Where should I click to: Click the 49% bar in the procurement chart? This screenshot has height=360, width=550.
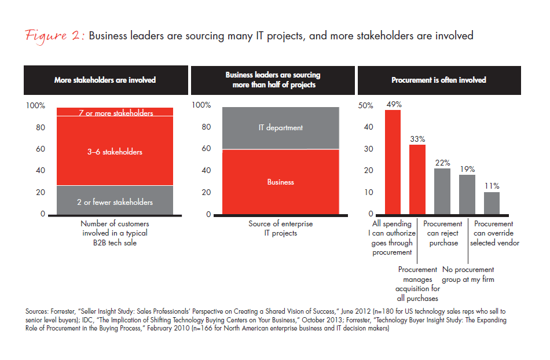tap(393, 162)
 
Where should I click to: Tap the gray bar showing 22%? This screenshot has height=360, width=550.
tap(442, 192)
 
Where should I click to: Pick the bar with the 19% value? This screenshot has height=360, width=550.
tap(467, 195)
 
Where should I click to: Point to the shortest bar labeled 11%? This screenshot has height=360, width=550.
tap(492, 204)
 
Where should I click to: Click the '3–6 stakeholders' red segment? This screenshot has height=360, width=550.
tap(115, 152)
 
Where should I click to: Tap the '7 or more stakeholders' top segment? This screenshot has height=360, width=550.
tap(115, 112)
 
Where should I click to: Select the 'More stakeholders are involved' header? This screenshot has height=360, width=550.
tap(105, 80)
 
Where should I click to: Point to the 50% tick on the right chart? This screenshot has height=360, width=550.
tap(366, 106)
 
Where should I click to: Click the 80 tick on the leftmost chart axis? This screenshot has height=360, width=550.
tap(41, 127)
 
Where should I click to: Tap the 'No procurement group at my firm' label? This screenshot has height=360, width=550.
tap(468, 274)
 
